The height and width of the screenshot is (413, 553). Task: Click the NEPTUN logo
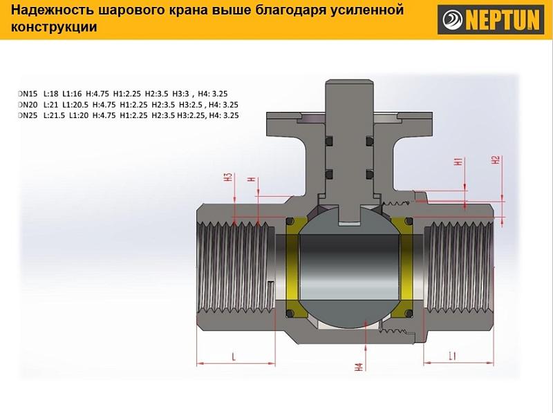[x=491, y=19]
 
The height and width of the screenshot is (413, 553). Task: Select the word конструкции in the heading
[x=54, y=27]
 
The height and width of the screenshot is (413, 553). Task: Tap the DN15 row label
[x=28, y=94]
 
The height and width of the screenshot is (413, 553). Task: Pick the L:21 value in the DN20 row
[x=50, y=105]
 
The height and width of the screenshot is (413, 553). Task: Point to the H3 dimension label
[x=229, y=177]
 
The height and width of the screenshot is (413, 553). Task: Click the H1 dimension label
[x=458, y=162]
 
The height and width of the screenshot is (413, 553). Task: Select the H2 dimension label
[x=496, y=160]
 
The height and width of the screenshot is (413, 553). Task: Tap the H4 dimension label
[x=359, y=367]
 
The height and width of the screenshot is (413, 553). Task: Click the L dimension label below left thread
[x=234, y=357]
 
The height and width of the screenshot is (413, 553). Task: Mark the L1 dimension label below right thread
[x=453, y=356]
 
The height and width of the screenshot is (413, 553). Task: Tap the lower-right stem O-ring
[x=370, y=175]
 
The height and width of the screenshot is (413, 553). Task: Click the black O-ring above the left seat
[x=290, y=222]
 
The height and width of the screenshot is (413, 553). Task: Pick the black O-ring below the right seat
[x=409, y=313]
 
